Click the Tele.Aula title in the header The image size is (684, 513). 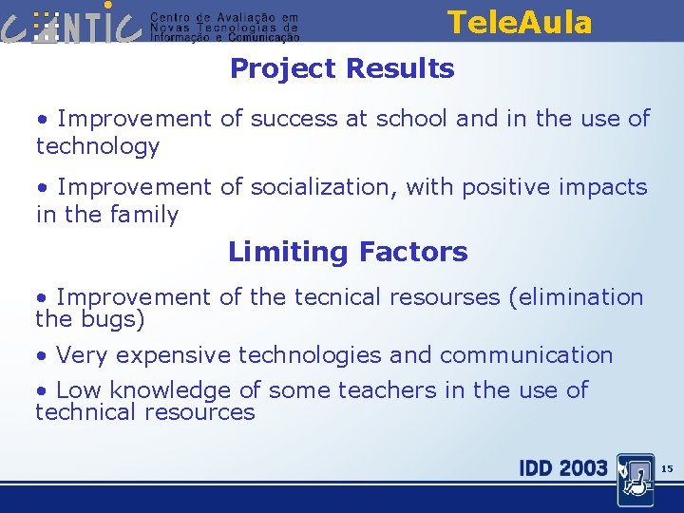point(519,22)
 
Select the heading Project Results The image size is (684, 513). point(342,68)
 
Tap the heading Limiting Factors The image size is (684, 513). point(348,252)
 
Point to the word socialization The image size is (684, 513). point(318,187)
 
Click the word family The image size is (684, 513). point(142,215)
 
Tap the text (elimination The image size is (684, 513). point(576,297)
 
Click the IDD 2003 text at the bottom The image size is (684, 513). point(562,467)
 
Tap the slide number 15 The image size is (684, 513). point(666,468)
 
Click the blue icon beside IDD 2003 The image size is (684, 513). point(635,479)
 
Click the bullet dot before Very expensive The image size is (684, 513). point(42,356)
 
